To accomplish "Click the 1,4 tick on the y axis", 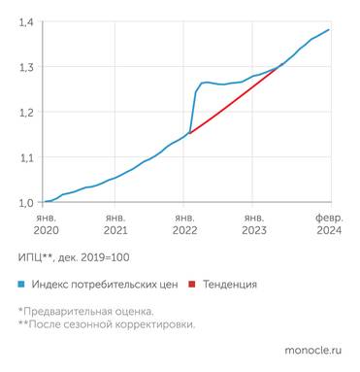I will point(26,22).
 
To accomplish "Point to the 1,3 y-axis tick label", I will point(26,67).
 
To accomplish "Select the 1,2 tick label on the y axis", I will point(26,113).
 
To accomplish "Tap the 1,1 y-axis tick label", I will point(26,157).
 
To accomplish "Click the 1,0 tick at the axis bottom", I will point(26,202).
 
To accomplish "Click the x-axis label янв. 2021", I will point(115,225).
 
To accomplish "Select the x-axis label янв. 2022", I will point(184,225).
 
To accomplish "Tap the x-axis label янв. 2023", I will point(253,225).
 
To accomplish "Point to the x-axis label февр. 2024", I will point(328,225).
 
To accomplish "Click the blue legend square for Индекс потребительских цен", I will point(21,285).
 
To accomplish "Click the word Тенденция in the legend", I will point(230,285).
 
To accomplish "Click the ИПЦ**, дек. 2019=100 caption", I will point(74,257).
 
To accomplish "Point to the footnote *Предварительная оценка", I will point(85,311).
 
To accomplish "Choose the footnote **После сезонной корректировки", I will point(106,324).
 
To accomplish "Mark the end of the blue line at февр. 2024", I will point(329,29).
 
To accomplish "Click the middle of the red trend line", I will point(236,98).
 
